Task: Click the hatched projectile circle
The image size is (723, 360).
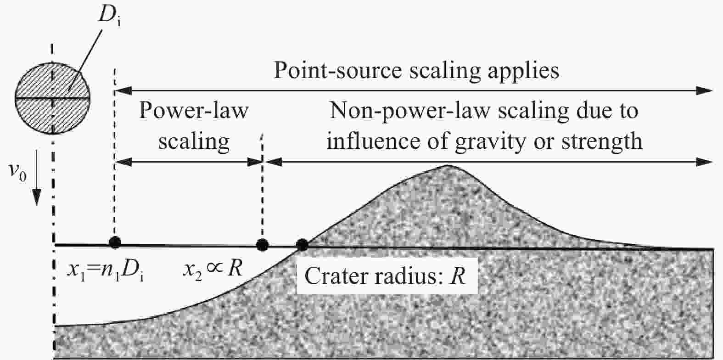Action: tap(53, 98)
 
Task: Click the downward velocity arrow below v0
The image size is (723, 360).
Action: tap(38, 193)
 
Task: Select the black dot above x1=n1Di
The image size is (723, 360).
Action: tap(115, 242)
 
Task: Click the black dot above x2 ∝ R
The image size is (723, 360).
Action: tap(262, 245)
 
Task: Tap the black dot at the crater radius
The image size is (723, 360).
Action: tap(302, 245)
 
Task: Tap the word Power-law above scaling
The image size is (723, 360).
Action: tap(193, 112)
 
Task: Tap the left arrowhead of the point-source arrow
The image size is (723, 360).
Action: tap(120, 90)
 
